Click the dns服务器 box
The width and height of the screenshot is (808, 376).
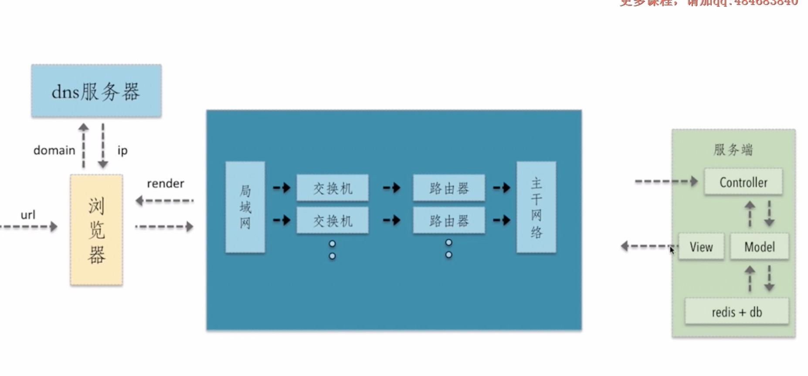(96, 91)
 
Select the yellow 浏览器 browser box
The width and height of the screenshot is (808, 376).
(96, 230)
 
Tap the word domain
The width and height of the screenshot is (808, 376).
(54, 150)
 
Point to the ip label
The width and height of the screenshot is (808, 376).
(122, 150)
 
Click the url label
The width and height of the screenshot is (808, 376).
(28, 215)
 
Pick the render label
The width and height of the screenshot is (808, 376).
(166, 184)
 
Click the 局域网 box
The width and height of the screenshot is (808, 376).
(245, 207)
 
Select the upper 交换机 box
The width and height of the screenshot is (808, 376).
(333, 188)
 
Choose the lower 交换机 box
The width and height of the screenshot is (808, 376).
(333, 221)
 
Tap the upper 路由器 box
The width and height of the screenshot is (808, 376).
(449, 188)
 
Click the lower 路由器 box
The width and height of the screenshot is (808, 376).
(449, 221)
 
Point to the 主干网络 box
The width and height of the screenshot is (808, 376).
(536, 207)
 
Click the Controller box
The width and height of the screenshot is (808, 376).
(743, 182)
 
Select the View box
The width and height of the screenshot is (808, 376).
(701, 247)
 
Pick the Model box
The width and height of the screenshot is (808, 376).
(759, 247)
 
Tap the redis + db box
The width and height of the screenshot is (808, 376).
(737, 312)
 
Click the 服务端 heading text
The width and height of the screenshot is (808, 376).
(733, 150)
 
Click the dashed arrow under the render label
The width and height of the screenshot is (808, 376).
(164, 201)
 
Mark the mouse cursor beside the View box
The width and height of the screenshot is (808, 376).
(672, 250)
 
